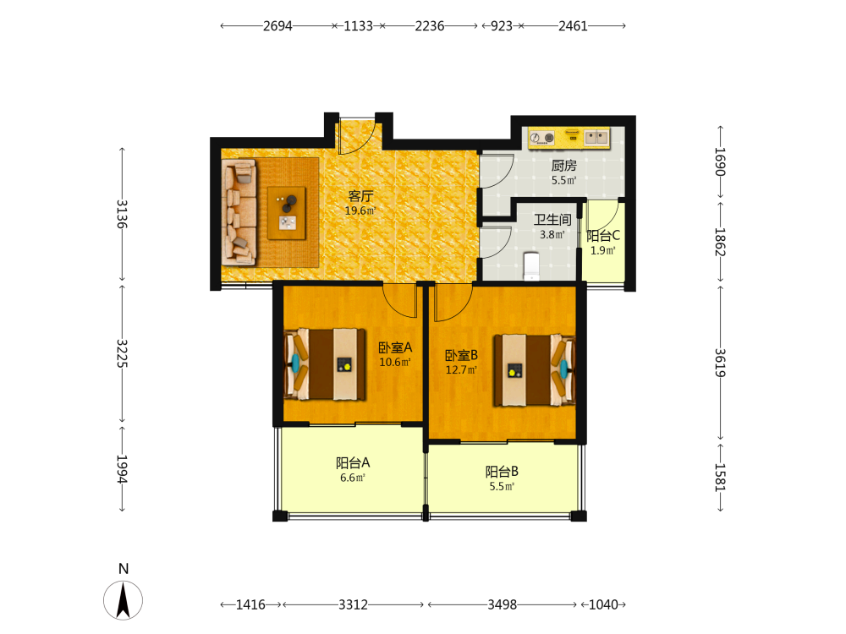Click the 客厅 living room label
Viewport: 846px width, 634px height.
[360, 196]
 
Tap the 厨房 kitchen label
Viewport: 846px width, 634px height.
[563, 166]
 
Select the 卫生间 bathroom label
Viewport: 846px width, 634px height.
[552, 220]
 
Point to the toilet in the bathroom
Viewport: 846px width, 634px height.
[532, 265]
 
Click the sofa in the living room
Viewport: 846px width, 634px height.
[239, 212]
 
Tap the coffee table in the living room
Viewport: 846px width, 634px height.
[287, 213]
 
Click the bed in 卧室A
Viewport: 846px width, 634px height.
[324, 364]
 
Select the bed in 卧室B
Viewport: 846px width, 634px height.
[534, 370]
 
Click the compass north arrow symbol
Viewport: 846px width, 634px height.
[123, 599]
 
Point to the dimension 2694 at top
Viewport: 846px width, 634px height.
[277, 26]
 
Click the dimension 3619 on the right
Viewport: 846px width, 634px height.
[720, 363]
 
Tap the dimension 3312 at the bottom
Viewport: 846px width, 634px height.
[354, 605]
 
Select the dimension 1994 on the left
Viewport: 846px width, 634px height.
[123, 469]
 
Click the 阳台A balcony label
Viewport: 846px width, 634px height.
[353, 463]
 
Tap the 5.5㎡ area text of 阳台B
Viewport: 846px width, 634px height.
[502, 487]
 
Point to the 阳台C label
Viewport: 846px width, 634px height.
[603, 236]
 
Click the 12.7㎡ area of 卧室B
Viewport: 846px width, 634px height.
[461, 370]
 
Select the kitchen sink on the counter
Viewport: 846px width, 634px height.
[596, 138]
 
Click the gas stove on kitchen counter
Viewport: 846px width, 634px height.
[542, 138]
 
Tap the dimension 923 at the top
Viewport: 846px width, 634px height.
[501, 26]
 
